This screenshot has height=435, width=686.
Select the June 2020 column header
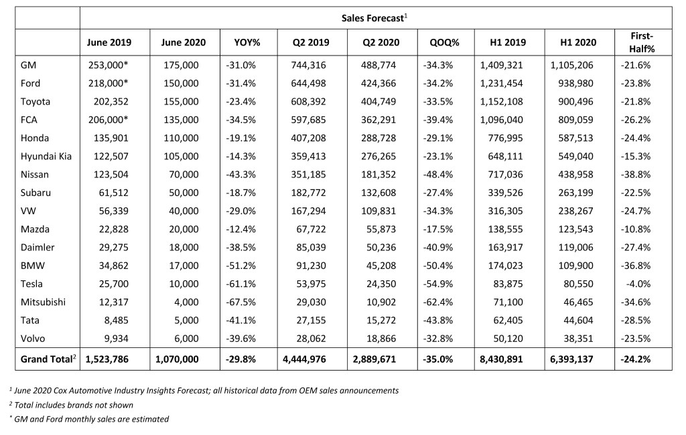pos(183,42)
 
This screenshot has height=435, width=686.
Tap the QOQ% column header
pos(445,42)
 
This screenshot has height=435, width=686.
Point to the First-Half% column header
pos(641,42)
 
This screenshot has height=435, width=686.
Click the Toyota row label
pos(35,102)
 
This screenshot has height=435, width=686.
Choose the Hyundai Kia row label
pos(46,156)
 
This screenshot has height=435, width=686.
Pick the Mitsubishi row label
pos(43,302)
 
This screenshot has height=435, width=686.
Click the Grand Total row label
pos(48,359)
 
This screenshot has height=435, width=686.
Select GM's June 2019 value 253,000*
pos(108,65)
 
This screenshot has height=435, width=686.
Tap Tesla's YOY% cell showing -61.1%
pos(241,284)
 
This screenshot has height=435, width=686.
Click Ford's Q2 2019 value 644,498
pos(308,83)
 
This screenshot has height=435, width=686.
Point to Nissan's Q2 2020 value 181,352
pos(379,175)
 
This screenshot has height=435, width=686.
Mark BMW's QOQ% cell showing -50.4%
pos(438,266)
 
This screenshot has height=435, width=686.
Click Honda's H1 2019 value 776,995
pos(505,138)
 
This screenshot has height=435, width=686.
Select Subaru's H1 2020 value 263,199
pos(575,192)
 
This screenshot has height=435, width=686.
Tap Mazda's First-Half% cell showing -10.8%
pos(635,229)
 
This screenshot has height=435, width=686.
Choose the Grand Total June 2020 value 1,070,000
pos(177,359)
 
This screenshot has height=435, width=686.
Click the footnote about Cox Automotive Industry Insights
pos(204,390)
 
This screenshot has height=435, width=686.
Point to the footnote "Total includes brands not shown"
pos(71,405)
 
